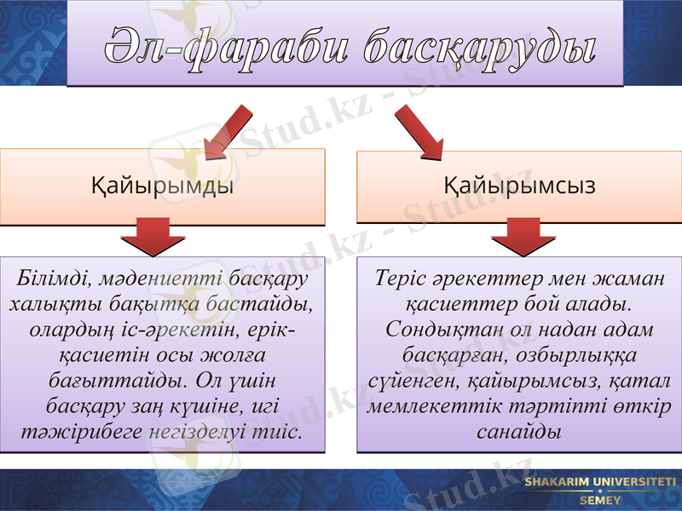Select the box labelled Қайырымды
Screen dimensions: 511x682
coord(162,186)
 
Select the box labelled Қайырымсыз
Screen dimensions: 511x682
coord(519,186)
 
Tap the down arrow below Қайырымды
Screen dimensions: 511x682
coord(160,236)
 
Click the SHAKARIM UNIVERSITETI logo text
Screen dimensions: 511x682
coord(600,483)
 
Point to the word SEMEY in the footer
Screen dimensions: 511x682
coord(600,500)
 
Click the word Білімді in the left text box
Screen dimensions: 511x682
coord(53,279)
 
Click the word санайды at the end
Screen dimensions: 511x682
coord(518,430)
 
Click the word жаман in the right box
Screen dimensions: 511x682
coord(628,279)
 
